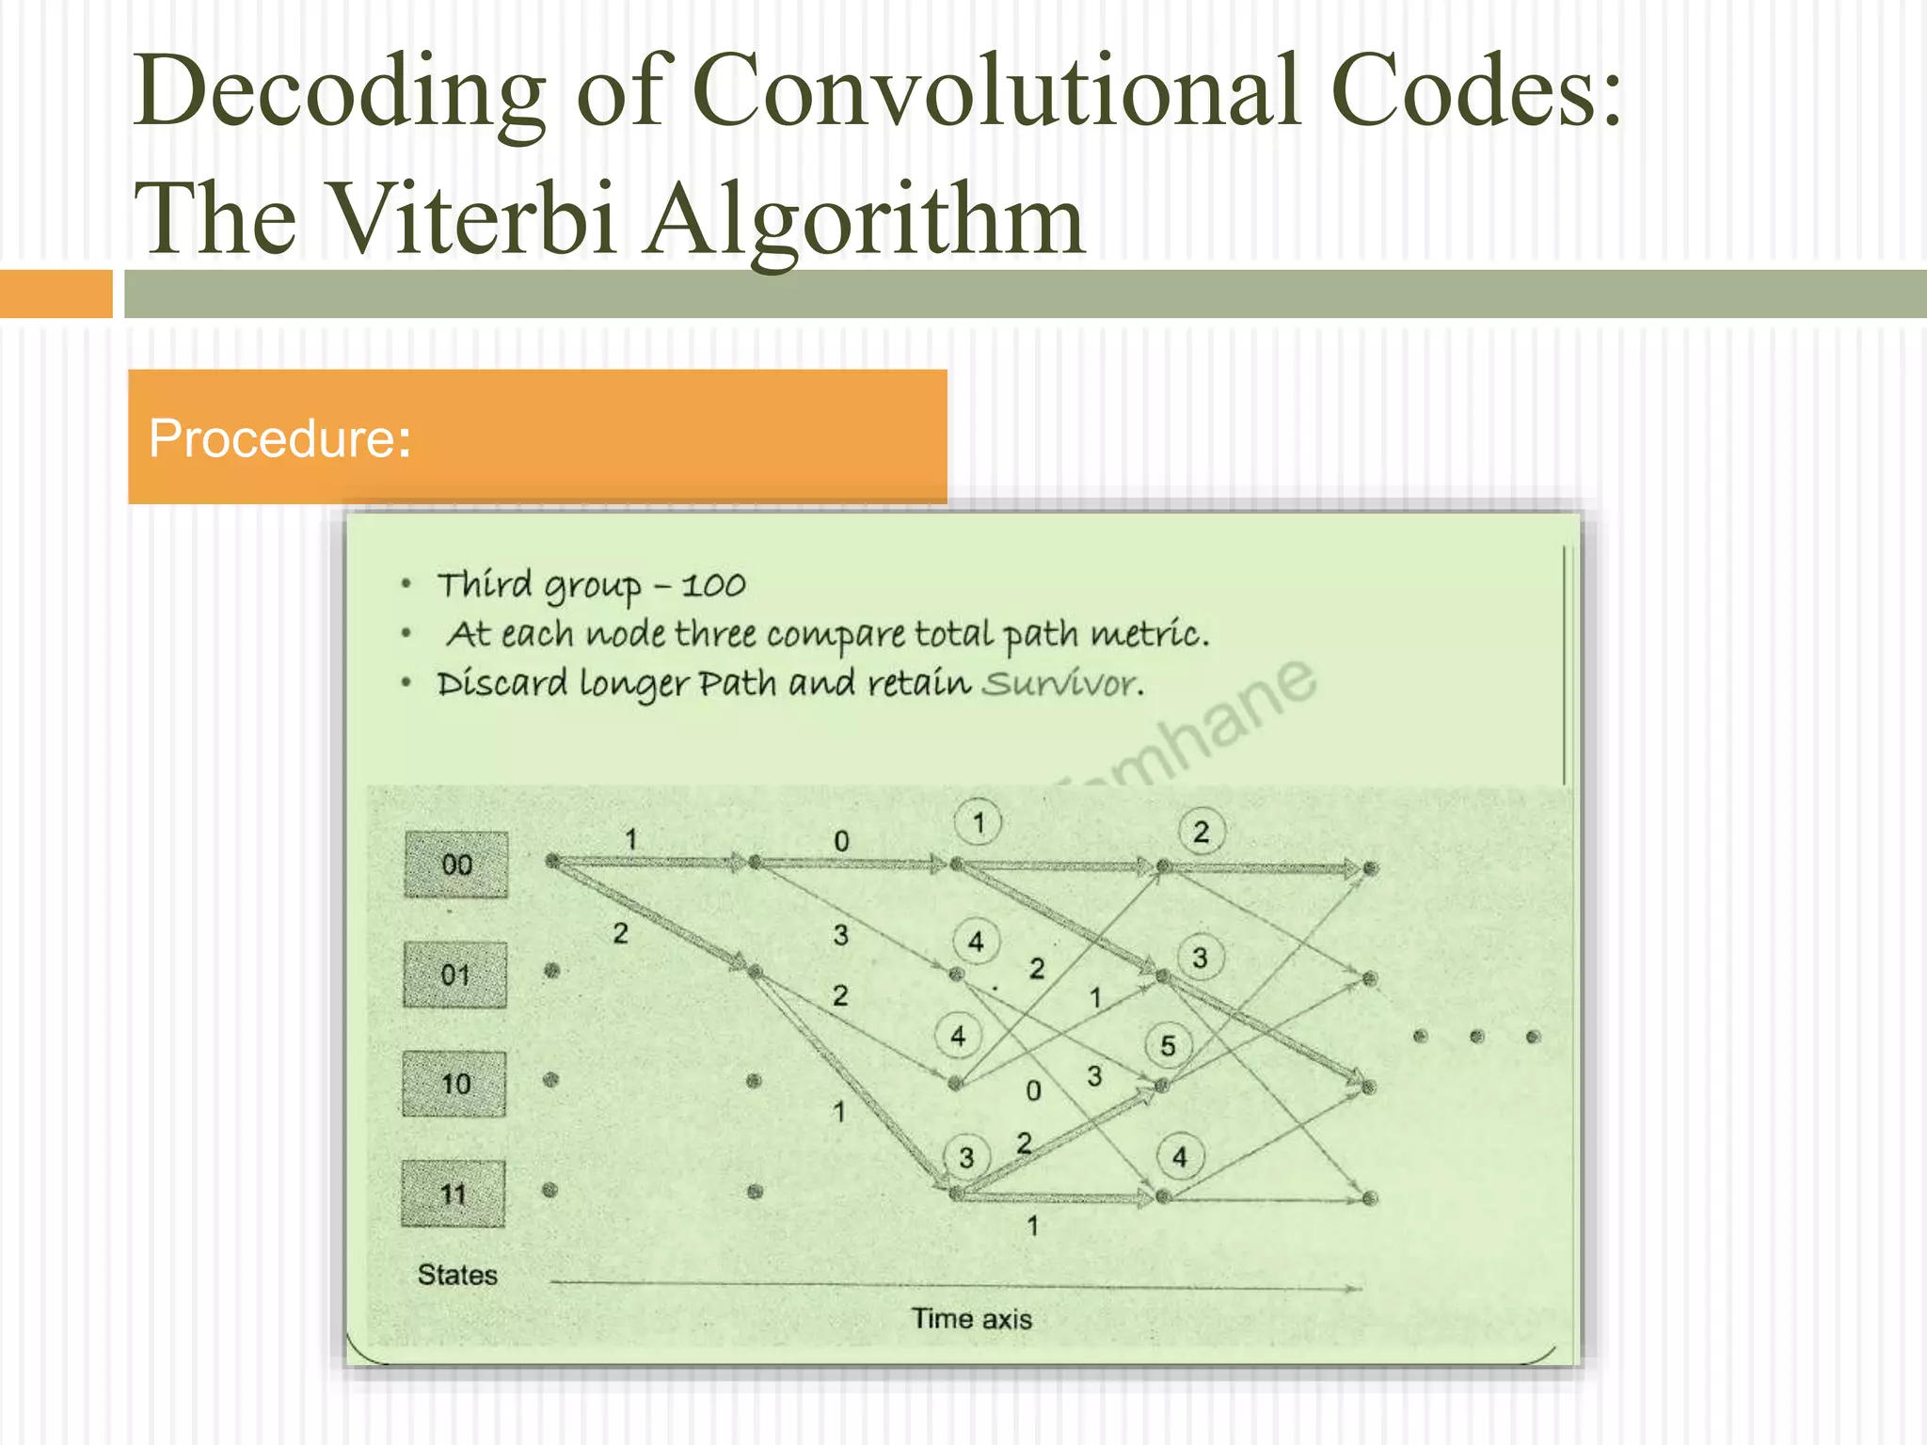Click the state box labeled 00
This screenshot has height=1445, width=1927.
(456, 865)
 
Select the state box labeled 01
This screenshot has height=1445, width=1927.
(455, 975)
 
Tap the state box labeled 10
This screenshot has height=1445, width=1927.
(455, 1084)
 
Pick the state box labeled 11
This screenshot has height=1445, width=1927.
(454, 1194)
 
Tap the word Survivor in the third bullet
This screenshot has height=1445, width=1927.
(1062, 684)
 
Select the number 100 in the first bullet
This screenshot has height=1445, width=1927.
(713, 586)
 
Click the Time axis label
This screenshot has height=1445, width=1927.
(971, 1318)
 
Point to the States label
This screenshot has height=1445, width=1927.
(457, 1275)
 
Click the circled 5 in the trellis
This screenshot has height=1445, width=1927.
(1168, 1045)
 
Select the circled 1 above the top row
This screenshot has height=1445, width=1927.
(978, 823)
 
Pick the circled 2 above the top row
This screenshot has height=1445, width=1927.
(1201, 832)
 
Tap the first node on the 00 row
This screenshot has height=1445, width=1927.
(553, 860)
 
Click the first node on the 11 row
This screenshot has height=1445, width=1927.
(550, 1190)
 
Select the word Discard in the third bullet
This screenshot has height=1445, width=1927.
(502, 683)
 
